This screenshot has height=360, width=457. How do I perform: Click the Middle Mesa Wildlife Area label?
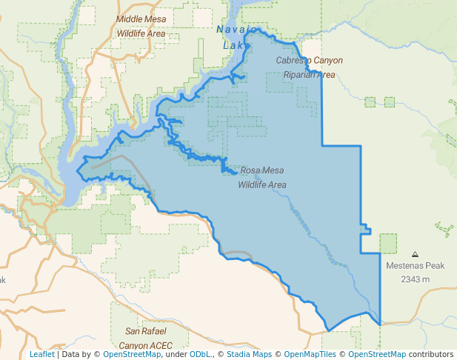[141, 26]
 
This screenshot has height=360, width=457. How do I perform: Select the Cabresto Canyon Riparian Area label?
[310, 67]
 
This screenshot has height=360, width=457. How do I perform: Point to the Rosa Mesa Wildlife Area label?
[262, 177]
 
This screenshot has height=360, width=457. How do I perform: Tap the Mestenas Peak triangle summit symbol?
[414, 253]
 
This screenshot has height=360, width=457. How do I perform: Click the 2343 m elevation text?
[415, 279]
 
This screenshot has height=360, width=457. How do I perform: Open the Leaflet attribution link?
[41, 355]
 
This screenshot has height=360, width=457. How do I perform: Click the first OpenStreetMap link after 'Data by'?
[132, 355]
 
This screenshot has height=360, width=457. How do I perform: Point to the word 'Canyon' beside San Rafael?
[129, 344]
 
